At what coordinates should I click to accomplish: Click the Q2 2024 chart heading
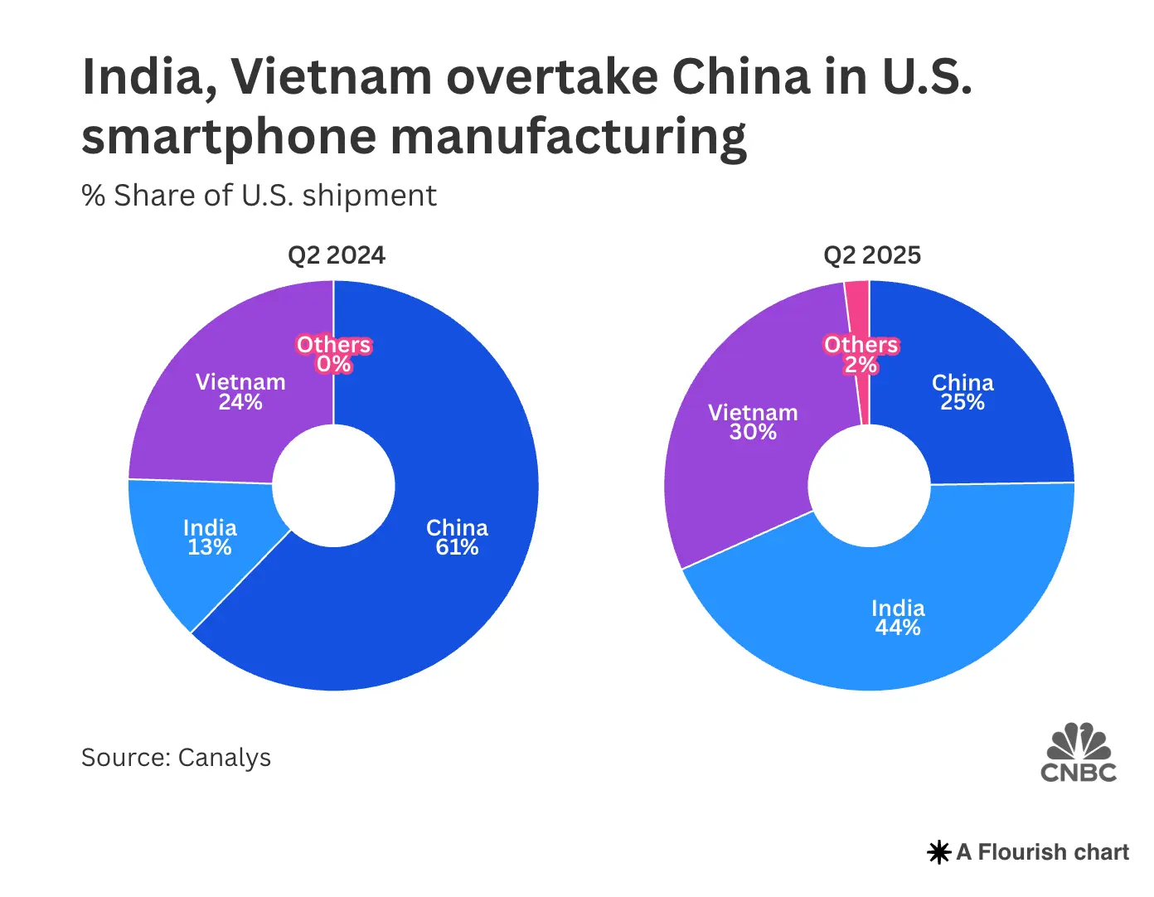tap(337, 255)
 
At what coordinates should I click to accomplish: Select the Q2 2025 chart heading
tap(872, 255)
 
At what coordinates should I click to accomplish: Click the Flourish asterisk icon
tap(938, 852)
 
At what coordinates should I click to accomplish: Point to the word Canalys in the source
tap(225, 758)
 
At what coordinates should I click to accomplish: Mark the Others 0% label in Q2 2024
tap(334, 354)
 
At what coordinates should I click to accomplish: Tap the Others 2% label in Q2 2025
tap(861, 354)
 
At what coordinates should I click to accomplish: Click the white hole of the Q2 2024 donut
tap(333, 486)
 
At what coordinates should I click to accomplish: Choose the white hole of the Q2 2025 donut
tap(870, 486)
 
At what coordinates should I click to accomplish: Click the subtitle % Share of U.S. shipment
tap(259, 196)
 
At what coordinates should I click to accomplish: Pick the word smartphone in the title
tap(229, 138)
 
